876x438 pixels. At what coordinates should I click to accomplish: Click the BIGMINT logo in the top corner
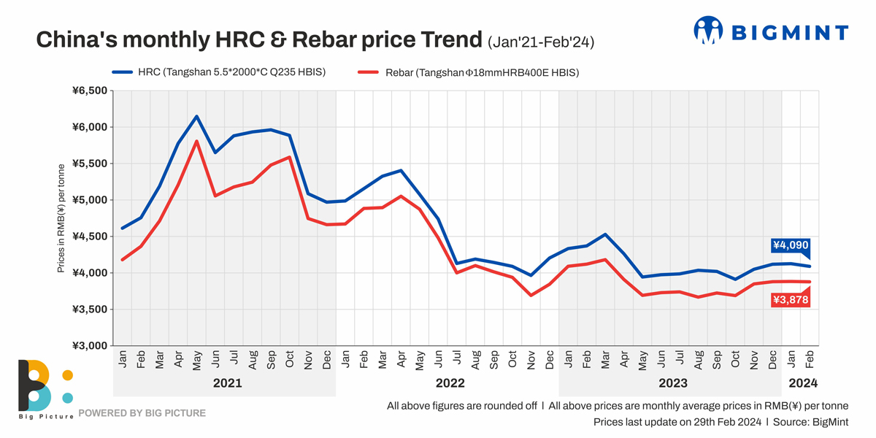tap(771, 31)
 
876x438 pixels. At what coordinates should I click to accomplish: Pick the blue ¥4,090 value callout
tap(791, 245)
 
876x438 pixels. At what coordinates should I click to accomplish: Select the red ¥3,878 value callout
tap(791, 299)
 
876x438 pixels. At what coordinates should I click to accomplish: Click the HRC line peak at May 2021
tap(196, 116)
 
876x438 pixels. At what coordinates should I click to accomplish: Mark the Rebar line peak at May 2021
tap(196, 141)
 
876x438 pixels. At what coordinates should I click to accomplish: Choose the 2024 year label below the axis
tap(801, 383)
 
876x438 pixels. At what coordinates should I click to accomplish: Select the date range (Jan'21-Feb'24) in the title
tap(541, 42)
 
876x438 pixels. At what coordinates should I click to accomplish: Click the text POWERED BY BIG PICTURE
tap(142, 413)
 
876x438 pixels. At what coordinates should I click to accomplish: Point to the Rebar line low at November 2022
tap(531, 295)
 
